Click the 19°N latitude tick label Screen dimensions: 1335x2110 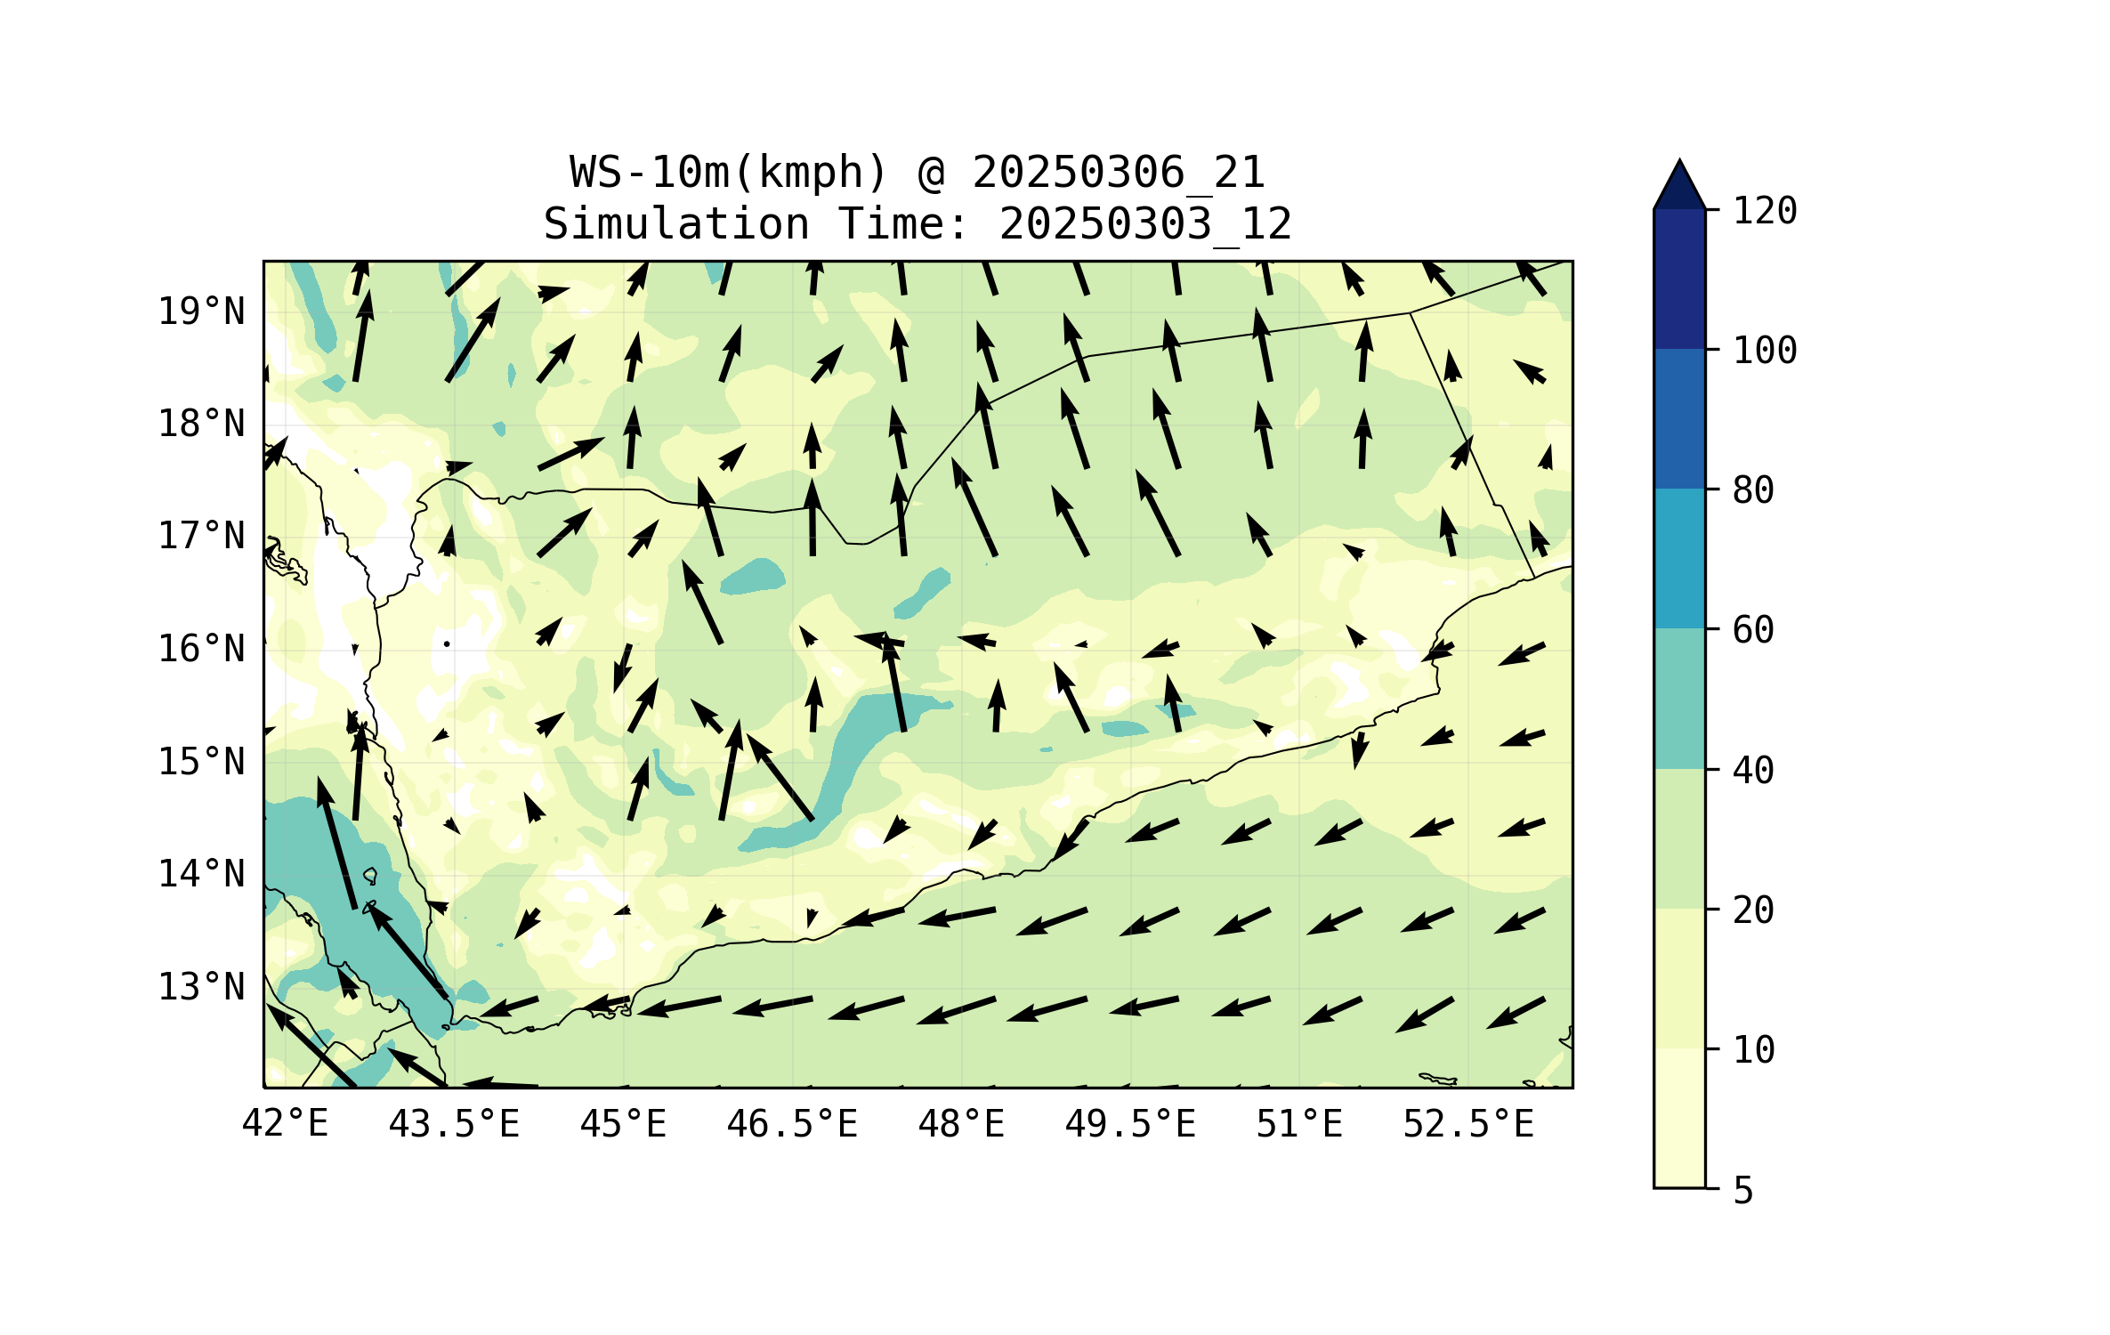click(x=201, y=311)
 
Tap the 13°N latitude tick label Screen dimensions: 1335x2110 click(x=201, y=987)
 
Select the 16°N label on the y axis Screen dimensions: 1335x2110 click(x=201, y=649)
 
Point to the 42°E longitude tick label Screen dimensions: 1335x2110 click(x=285, y=1123)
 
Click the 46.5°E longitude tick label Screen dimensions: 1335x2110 click(x=792, y=1123)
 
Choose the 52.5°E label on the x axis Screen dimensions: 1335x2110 click(x=1468, y=1123)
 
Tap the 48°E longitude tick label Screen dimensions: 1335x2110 click(x=961, y=1123)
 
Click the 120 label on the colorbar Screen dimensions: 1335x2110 click(x=1765, y=211)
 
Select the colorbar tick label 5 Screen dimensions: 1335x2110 click(x=1743, y=1190)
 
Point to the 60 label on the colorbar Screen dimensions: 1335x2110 click(x=1753, y=630)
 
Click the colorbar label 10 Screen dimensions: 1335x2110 click(x=1753, y=1050)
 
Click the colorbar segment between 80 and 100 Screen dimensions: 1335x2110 click(x=1679, y=418)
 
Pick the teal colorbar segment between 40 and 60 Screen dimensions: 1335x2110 click(x=1679, y=699)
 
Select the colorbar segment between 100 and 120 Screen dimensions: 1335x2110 click(x=1679, y=279)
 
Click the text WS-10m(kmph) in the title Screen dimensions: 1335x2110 click(x=729, y=172)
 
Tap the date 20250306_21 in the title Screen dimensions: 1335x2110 click(x=1118, y=172)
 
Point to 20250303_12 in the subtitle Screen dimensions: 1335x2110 click(x=1145, y=223)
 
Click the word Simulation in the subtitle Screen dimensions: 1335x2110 click(x=676, y=223)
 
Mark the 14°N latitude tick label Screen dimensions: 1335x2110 click(x=201, y=874)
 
